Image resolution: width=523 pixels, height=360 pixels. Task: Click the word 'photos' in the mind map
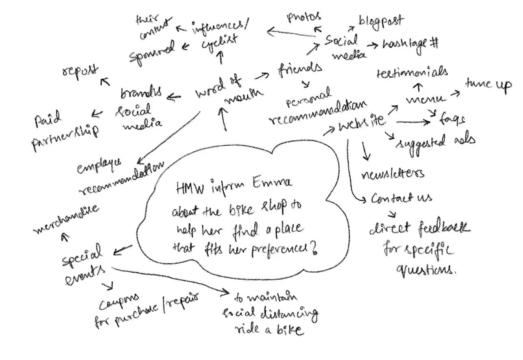[304, 17]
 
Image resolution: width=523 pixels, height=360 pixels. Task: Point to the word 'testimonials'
[413, 73]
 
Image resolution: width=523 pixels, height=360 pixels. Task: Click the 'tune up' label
[488, 85]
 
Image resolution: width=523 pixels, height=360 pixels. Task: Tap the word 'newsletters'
[393, 173]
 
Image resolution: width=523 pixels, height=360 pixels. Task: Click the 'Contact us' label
[402, 198]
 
